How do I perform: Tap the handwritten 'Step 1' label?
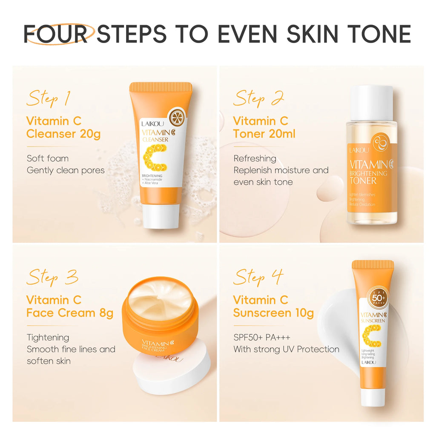[x=48, y=98]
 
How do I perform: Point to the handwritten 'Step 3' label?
[x=52, y=277]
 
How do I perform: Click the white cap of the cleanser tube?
[x=161, y=215]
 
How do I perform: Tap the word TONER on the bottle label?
[x=363, y=181]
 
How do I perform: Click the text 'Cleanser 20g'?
[x=63, y=134]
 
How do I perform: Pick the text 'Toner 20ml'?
[x=264, y=134]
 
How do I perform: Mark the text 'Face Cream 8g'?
[x=70, y=313]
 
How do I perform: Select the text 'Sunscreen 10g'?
[x=273, y=313]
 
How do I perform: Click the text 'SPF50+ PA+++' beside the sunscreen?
[x=262, y=337]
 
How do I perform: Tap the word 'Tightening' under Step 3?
[x=48, y=337]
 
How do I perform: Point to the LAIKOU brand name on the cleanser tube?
[x=149, y=124]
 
